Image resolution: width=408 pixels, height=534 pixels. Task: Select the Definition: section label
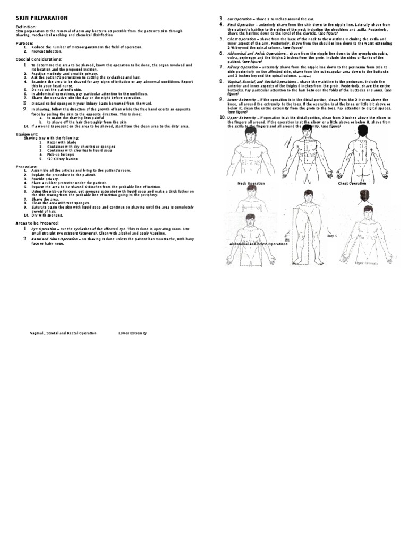(26, 27)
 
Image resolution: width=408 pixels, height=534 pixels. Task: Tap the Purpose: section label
(24, 43)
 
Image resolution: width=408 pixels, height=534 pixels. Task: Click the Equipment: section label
(27, 134)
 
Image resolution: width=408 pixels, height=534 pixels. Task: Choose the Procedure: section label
(27, 166)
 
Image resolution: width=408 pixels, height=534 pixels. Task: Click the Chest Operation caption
(352, 183)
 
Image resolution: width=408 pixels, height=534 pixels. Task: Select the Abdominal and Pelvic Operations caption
(258, 244)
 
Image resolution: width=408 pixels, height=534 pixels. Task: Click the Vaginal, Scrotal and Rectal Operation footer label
(63, 333)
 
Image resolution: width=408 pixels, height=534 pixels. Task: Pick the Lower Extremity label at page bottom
(132, 333)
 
